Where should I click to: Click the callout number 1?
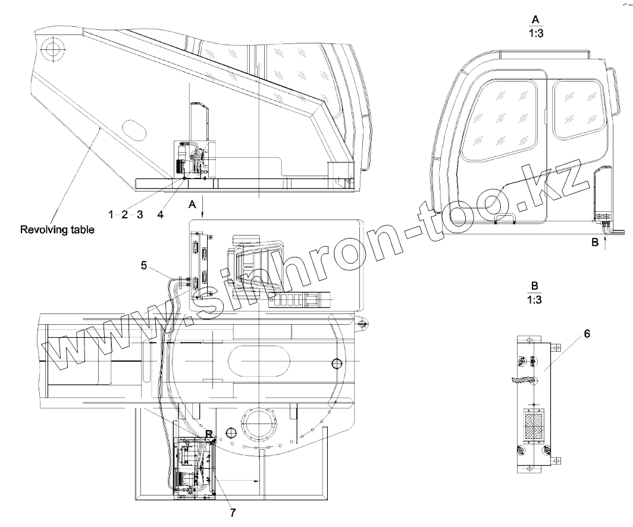pyautogui.click(x=111, y=214)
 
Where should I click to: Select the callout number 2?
pyautogui.click(x=125, y=214)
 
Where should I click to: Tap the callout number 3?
pyautogui.click(x=140, y=214)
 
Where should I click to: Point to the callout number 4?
pyautogui.click(x=160, y=215)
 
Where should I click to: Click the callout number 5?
pyautogui.click(x=144, y=265)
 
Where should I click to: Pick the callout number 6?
pyautogui.click(x=587, y=334)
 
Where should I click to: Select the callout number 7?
pyautogui.click(x=233, y=513)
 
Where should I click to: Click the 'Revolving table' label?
pyautogui.click(x=57, y=230)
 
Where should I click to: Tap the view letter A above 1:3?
pyautogui.click(x=535, y=20)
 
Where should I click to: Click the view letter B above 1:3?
pyautogui.click(x=535, y=286)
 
